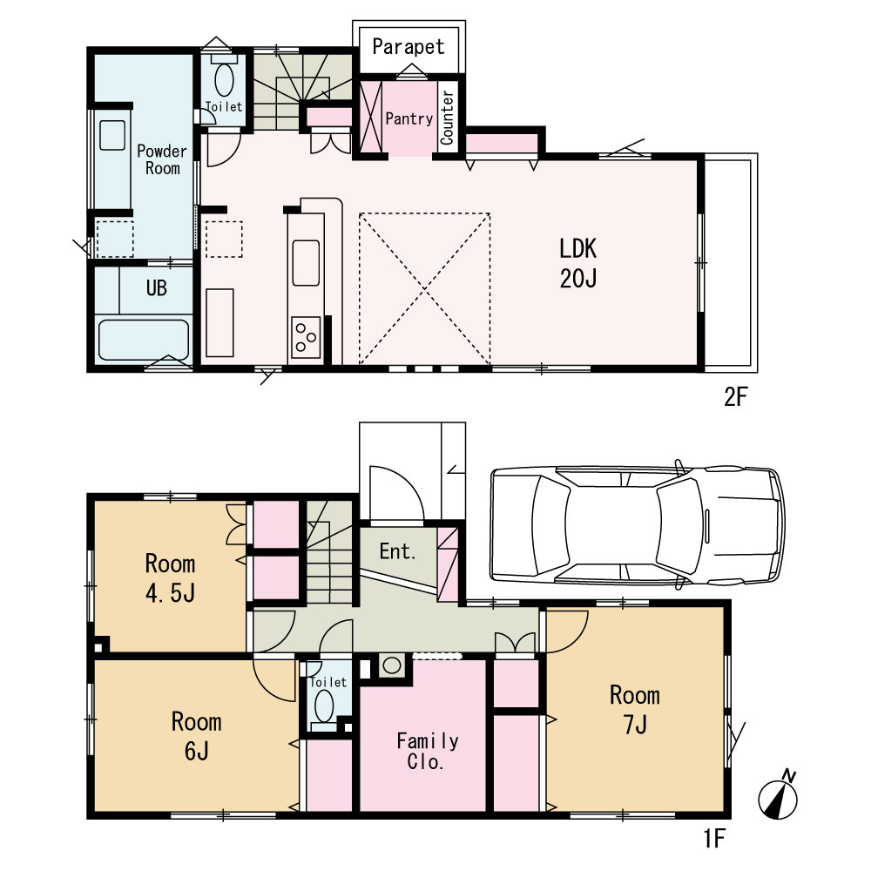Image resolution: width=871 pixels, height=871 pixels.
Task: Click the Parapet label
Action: [x=408, y=47]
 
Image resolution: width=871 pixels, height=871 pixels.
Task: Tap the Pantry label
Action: [x=408, y=118]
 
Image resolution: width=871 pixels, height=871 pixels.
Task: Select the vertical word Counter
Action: [x=447, y=118]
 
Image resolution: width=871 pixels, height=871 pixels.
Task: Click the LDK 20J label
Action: [x=577, y=263]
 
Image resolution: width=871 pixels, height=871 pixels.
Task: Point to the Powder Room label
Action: [x=162, y=159]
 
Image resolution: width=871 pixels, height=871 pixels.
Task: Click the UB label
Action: [x=157, y=287]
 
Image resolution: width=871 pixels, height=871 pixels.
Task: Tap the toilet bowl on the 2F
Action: [x=224, y=79]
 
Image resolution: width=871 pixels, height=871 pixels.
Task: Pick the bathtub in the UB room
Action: [x=144, y=340]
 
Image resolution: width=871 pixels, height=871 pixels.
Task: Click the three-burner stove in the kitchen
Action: [x=306, y=337]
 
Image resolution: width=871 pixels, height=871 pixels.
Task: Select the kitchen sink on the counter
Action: [x=306, y=263]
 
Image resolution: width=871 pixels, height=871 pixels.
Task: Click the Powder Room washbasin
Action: [x=112, y=135]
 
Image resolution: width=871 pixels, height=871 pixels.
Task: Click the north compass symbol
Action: [x=779, y=795]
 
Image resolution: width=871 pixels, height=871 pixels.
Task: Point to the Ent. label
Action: [x=398, y=551]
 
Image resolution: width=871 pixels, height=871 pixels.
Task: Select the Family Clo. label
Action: [x=427, y=751]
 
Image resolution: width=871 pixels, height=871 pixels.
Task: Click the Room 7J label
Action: [x=635, y=709]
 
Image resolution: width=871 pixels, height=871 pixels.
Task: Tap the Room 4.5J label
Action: [x=170, y=578]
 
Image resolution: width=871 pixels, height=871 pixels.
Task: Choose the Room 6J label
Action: [x=196, y=736]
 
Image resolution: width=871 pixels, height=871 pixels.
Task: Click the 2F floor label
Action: [x=735, y=396]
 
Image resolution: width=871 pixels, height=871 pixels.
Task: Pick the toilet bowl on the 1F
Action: [x=324, y=706]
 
